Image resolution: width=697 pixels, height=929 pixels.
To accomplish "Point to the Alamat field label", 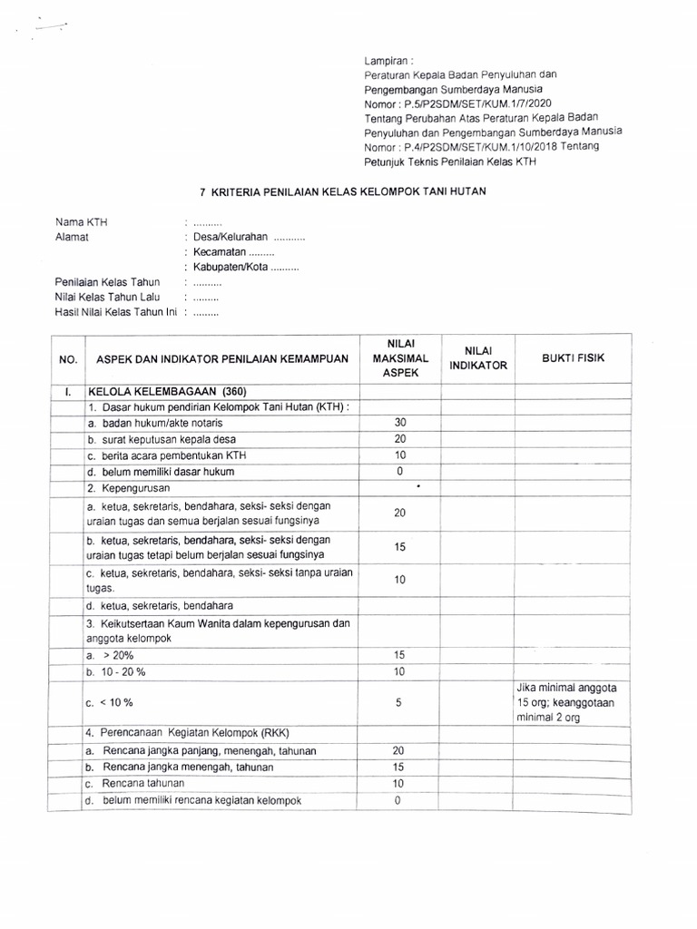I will (73, 237).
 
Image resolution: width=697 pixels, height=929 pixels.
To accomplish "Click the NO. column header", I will (68, 359).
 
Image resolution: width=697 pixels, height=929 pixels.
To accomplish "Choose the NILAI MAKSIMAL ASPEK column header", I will (399, 357).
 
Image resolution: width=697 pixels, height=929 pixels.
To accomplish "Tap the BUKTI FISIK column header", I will (573, 358).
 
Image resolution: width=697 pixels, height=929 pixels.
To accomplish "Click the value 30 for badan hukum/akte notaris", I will (399, 423).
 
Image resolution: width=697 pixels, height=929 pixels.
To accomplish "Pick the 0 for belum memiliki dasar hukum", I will (399, 472).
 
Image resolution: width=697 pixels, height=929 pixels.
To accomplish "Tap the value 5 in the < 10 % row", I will (399, 702).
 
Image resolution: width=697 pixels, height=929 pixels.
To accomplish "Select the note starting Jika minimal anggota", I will (572, 701).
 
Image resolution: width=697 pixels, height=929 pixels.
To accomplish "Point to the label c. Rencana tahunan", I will (136, 783).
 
